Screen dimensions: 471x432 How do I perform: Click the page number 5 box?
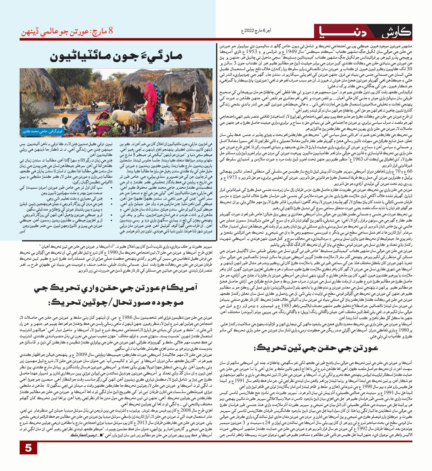pyautogui.click(x=29, y=448)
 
